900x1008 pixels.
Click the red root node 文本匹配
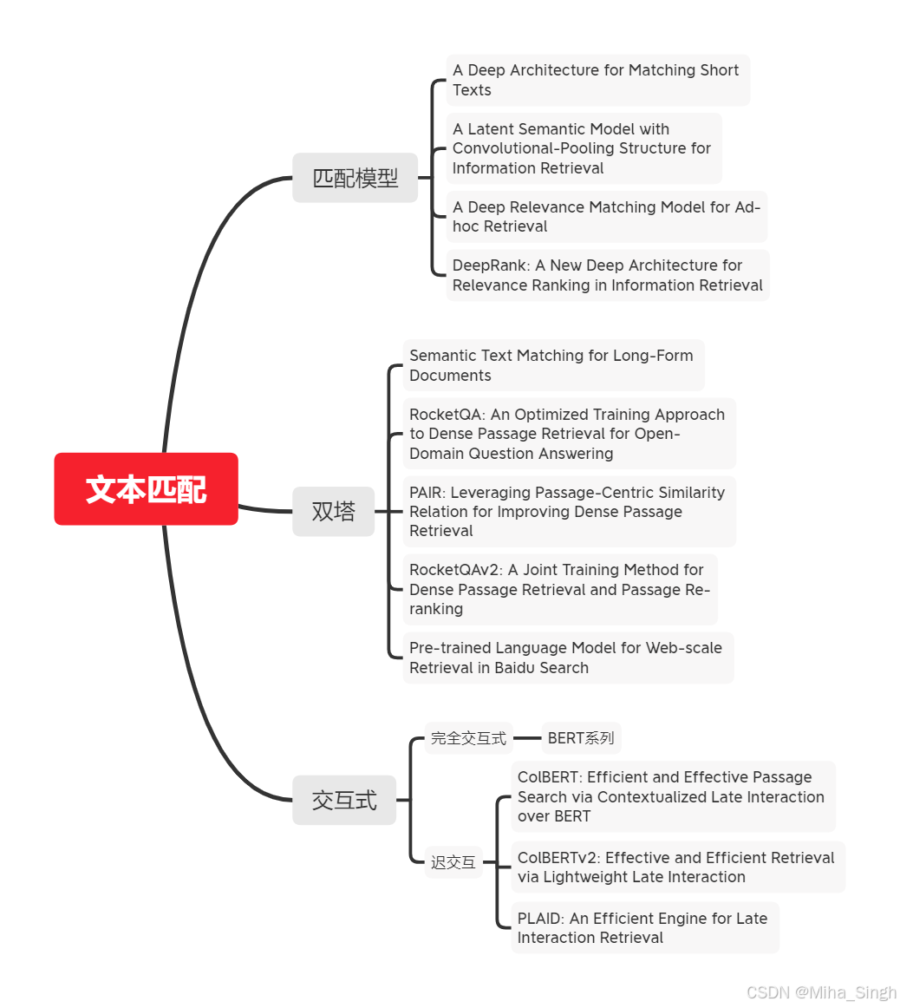[x=146, y=489]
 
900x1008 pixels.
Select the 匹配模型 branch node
[x=355, y=178]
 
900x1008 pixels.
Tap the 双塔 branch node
[x=333, y=511]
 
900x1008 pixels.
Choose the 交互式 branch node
[x=344, y=800]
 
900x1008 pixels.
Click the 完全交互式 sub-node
[x=468, y=738]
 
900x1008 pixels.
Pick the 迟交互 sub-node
[x=453, y=862]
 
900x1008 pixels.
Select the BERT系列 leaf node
[x=581, y=738]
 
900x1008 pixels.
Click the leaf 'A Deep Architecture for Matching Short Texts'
[x=597, y=80]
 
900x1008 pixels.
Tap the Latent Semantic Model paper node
[x=583, y=148]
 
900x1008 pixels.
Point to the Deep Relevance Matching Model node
[x=606, y=217]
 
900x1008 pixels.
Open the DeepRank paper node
[x=607, y=275]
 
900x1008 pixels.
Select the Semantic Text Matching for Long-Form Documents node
[x=552, y=365]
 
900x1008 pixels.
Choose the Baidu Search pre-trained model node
[x=567, y=658]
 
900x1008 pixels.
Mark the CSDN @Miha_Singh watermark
[x=821, y=992]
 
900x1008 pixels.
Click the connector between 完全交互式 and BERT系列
[x=527, y=738]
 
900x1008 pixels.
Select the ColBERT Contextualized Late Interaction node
[x=672, y=796]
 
